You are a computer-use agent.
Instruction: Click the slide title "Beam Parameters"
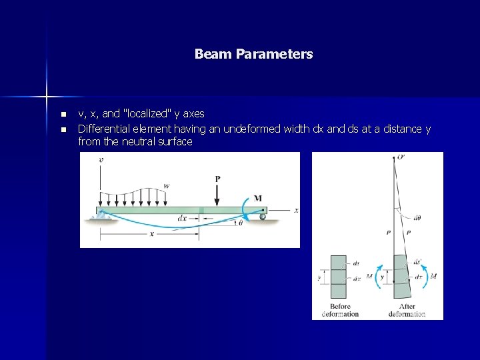253,54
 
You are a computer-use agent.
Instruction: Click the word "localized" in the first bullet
148,114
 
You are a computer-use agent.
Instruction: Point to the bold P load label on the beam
217,179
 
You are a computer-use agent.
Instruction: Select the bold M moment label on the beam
258,198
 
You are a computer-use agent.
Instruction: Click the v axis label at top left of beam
101,160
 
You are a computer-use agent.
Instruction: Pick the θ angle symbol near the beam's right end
240,223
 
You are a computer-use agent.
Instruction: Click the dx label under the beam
182,218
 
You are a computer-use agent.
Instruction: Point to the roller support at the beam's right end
263,216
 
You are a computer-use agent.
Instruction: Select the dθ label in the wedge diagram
417,217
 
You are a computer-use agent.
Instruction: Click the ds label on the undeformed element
355,263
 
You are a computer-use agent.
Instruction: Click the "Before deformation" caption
339,310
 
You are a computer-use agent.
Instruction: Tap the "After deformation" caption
407,310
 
